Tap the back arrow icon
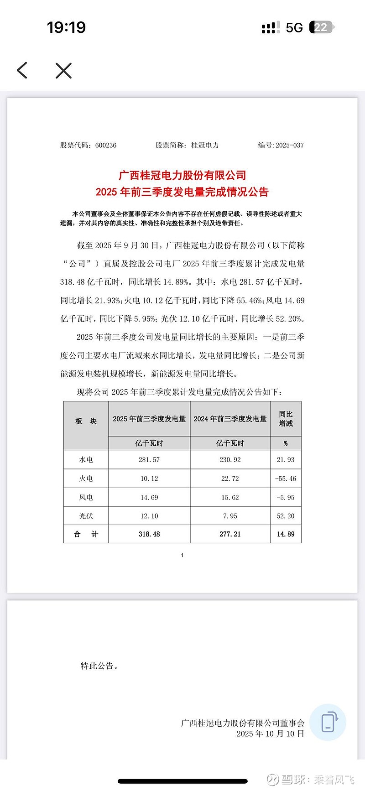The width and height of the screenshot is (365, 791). tap(22, 70)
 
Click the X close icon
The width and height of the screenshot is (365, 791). tap(63, 71)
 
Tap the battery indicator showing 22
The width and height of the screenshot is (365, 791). tap(321, 27)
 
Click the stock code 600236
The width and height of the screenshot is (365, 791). tap(106, 145)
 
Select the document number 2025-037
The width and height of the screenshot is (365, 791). tap(289, 145)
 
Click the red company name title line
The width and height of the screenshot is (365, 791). tap(182, 175)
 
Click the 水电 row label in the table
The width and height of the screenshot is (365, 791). tap(86, 460)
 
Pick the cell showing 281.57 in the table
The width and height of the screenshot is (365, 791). tap(149, 460)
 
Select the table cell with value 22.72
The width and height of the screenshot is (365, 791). tap(230, 479)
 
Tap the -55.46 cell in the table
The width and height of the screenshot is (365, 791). tap(286, 479)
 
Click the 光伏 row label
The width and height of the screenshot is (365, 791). tap(86, 516)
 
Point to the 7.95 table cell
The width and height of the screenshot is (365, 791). tap(230, 516)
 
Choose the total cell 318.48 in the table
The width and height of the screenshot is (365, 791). tap(149, 534)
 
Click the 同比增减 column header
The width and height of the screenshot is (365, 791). tap(286, 419)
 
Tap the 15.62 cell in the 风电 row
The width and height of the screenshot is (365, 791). tap(230, 497)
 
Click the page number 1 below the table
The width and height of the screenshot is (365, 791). tap(182, 555)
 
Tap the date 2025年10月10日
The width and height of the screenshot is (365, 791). tap(270, 734)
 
